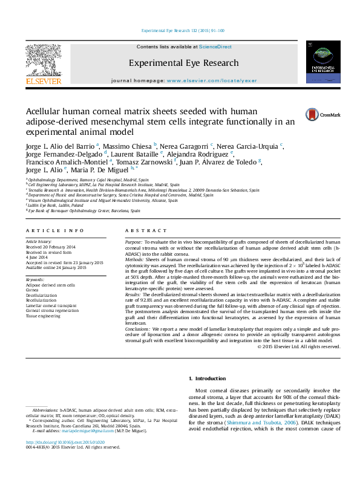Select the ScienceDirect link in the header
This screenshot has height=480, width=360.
coord(215,47)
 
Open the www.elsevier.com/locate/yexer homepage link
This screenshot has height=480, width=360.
coord(208,80)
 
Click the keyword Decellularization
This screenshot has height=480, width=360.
coord(41,294)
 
